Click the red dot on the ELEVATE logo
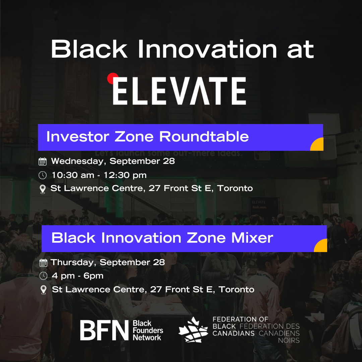coord(113,78)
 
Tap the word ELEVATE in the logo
coord(179,91)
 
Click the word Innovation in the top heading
coord(207,49)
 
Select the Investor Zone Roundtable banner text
coord(147,136)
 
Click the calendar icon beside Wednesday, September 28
coord(43,161)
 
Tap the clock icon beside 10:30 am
coord(43,175)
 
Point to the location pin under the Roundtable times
coord(43,189)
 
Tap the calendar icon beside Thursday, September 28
coord(43,263)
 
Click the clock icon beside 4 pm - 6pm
coord(43,276)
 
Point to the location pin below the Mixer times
coord(43,290)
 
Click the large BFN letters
coord(104,330)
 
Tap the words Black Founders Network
coord(148,330)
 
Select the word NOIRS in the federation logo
coord(289,341)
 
